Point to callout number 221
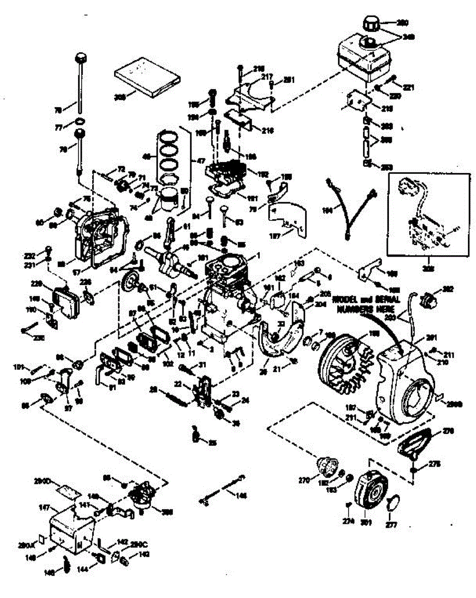[408, 88]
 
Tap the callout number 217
[267, 77]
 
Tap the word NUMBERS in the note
[356, 308]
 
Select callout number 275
[434, 463]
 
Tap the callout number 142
[122, 541]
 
